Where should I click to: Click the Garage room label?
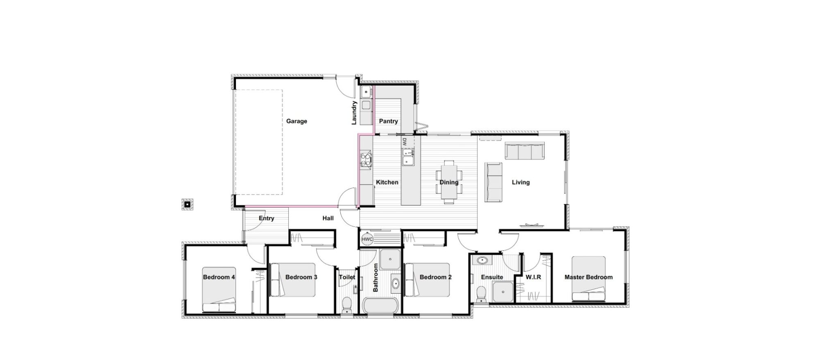pos(296,121)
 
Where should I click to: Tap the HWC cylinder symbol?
pos(367,239)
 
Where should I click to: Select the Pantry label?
pos(388,121)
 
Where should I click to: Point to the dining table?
pos(449,182)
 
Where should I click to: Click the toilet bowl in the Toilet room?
pos(347,304)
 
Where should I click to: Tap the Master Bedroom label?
pos(588,277)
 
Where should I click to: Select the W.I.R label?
pos(533,277)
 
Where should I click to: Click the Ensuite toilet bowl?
pos(481,294)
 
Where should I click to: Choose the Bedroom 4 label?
pos(219,277)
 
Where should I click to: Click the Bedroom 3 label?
pos(301,277)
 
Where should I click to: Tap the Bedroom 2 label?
pos(435,277)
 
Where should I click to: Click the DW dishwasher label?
pos(404,142)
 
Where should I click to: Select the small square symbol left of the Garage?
pos(187,204)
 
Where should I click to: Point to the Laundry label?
pos(354,113)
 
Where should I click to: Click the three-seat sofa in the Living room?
pos(525,151)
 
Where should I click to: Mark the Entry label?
pos(266,218)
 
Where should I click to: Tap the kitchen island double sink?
pos(408,157)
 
